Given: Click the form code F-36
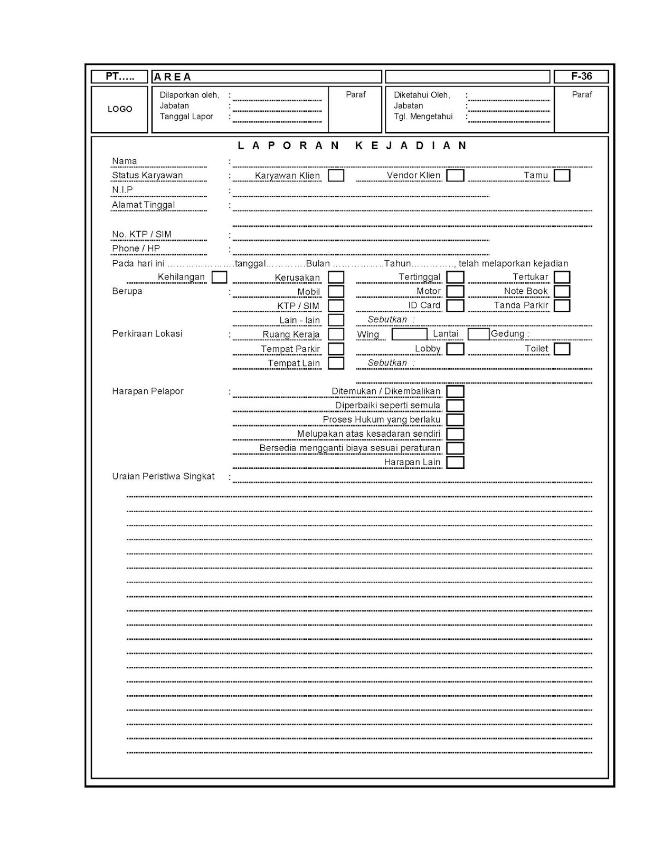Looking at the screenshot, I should pos(581,76).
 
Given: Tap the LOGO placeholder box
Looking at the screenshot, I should pos(120,109).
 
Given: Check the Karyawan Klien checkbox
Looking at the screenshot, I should pos(336,175).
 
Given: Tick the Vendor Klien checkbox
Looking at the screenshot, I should pos(455,175).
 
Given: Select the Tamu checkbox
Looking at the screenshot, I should pos(562,175).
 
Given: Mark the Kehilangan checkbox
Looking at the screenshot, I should pos(219,277).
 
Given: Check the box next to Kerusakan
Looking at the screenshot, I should pos(336,277).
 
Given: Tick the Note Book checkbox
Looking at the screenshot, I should pos(562,291).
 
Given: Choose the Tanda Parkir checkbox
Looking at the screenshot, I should pos(562,305).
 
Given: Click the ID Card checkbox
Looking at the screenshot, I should pos(455,305).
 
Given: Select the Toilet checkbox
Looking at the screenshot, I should pos(562,349).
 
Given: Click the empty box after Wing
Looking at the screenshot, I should pos(409,334).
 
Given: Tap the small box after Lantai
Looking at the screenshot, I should pos(478,334).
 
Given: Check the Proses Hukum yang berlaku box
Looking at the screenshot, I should pos(455,420).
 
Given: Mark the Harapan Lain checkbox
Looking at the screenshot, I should pos(455,463).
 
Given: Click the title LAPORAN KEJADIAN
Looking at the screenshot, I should pos(352,146).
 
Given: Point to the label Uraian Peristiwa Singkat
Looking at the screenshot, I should pos(163,476).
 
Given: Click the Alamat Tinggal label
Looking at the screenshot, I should pos(143,205).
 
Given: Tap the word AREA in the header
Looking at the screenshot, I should pos(173,77).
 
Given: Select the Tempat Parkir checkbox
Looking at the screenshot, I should pos(336,349).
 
